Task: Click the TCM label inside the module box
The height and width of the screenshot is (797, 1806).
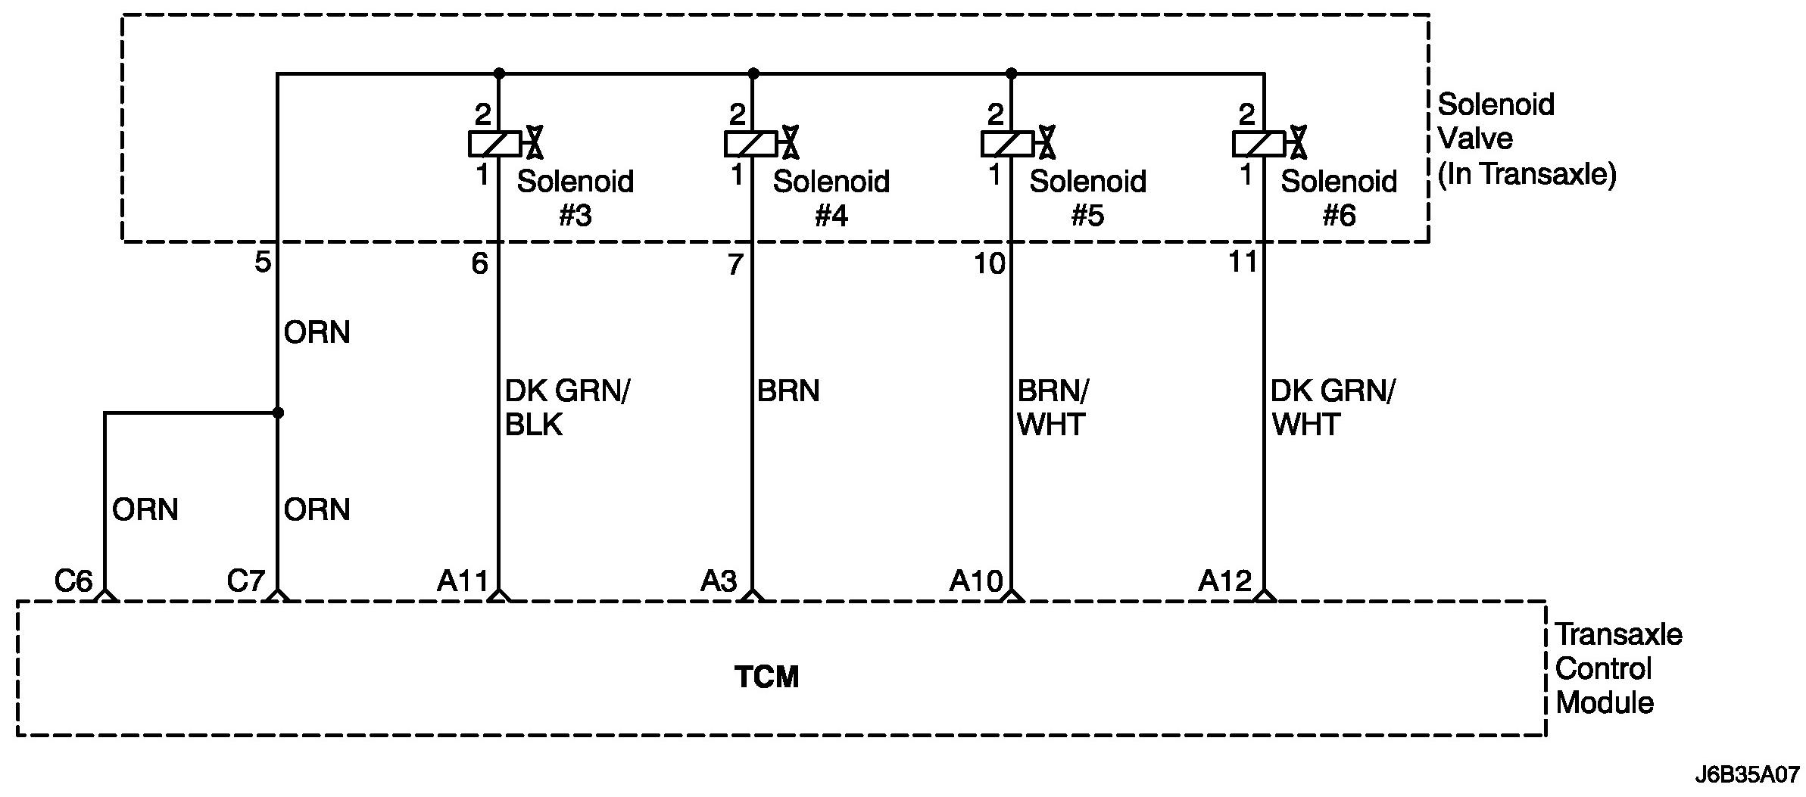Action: click(766, 677)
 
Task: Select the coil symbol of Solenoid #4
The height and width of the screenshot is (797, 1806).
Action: click(750, 144)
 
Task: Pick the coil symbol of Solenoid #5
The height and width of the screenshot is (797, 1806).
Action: click(1007, 144)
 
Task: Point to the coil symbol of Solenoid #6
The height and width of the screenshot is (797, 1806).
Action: click(1259, 144)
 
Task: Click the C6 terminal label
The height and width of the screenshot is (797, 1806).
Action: click(73, 581)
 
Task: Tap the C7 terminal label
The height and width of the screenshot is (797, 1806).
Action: click(246, 581)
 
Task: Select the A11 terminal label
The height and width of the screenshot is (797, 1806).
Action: click(463, 581)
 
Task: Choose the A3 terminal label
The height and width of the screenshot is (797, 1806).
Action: click(719, 581)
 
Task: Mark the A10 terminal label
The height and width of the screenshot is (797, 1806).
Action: click(975, 581)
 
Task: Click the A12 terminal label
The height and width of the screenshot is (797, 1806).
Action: click(1225, 581)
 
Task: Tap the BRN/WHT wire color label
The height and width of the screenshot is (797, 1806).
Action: click(1053, 408)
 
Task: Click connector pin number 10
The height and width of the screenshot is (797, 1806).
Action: click(989, 263)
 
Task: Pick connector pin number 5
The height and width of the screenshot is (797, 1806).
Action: click(262, 263)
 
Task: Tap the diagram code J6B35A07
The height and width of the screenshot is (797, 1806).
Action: click(1746, 776)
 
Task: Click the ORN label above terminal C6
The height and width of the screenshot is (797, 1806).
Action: click(145, 510)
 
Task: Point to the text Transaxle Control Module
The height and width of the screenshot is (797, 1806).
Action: click(1618, 669)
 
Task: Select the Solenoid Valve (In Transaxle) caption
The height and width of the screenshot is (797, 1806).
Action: click(1526, 139)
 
